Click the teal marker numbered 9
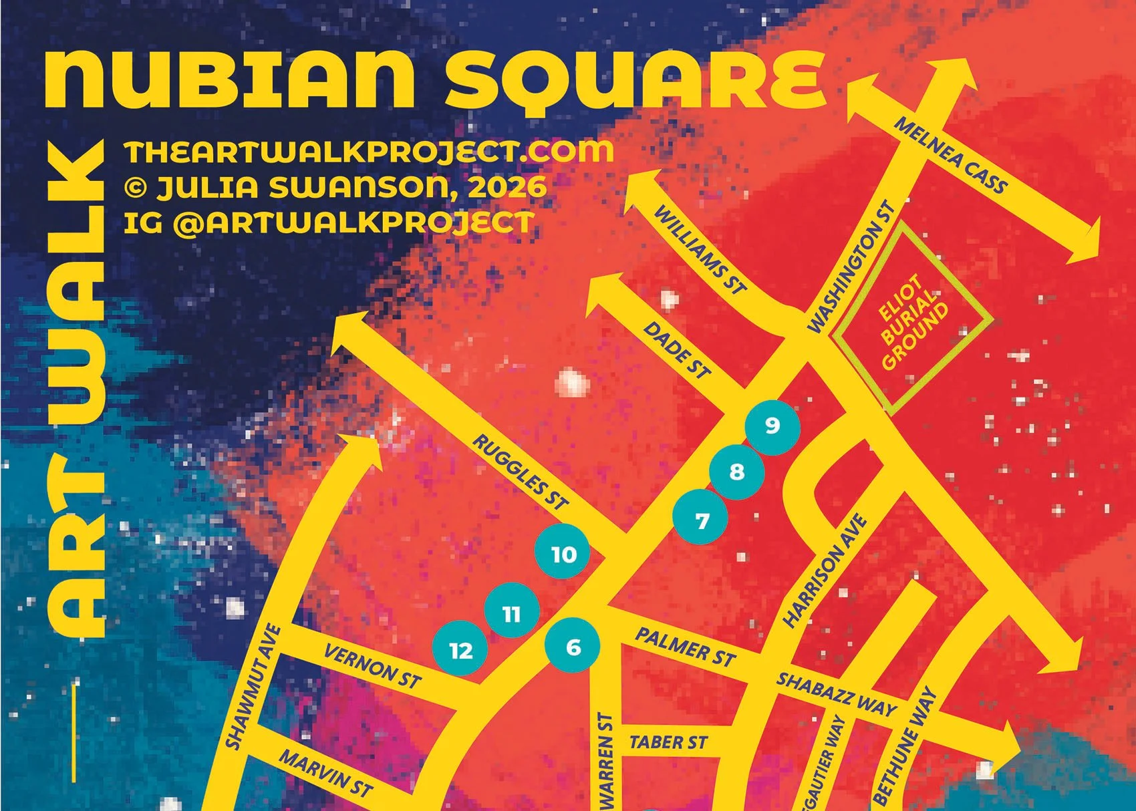coord(772,426)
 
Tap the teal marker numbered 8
coord(736,472)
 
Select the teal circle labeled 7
coord(701,520)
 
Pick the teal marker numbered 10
coord(563,554)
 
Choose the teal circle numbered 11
coord(512,613)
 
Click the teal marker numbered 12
coord(460,650)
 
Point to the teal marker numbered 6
coord(573,647)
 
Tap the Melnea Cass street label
coord(950,155)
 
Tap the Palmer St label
coord(685,647)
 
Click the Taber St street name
coord(668,742)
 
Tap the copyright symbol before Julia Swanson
coord(136,188)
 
